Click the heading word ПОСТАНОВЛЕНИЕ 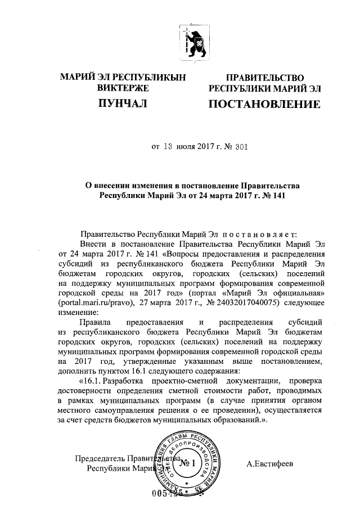point(265,105)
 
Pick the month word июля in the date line point(186,148)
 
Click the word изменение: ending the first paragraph point(78,312)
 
